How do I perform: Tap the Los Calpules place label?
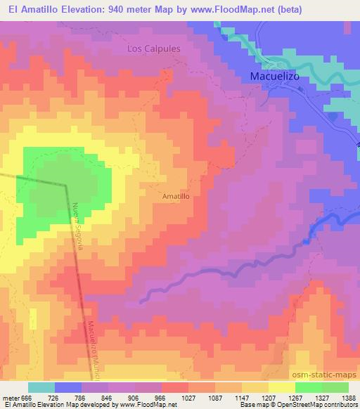tap(153, 49)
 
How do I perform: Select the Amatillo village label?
tap(176, 197)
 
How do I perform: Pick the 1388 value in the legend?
tap(348, 397)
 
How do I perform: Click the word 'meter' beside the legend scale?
tap(9, 397)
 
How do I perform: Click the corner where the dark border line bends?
tap(65, 185)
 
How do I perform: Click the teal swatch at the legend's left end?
tap(41, 387)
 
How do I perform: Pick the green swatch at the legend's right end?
tap(335, 387)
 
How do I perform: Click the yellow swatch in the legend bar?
tap(281, 387)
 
